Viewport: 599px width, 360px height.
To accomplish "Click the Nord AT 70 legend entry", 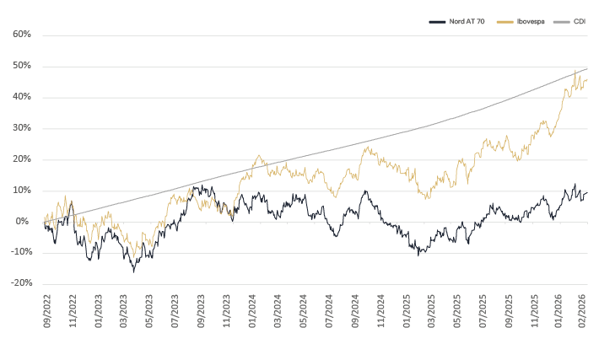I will click(456, 21).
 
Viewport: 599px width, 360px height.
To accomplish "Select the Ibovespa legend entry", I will click(517, 21).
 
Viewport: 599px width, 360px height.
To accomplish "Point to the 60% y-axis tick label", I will click(22, 35).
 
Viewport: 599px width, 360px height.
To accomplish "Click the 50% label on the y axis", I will click(22, 66).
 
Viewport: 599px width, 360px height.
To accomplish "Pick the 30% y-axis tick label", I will click(22, 128).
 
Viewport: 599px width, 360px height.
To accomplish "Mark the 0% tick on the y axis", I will click(24, 222).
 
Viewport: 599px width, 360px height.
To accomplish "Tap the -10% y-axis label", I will click(20, 252).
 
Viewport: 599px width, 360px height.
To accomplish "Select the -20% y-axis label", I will click(20, 283).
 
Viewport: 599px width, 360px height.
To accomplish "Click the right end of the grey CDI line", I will click(587, 68).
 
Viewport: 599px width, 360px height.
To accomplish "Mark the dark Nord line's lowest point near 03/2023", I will click(133, 271).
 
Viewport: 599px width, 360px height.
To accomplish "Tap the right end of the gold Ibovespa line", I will click(587, 79).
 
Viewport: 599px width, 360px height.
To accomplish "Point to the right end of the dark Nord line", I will click(587, 192).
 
